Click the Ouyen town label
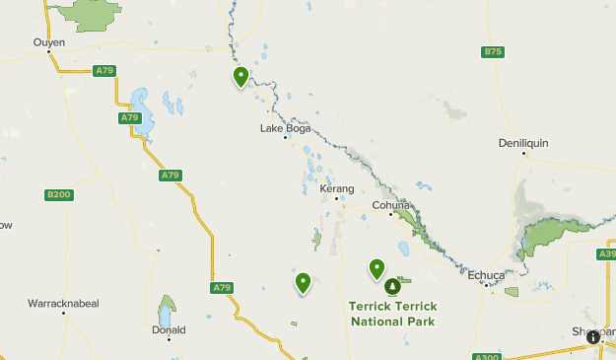pos(49,42)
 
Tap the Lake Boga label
pos(286,128)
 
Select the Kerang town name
pos(336,187)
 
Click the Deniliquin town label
pos(522,142)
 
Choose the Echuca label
pos(486,275)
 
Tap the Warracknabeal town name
pos(63,302)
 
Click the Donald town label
pos(169,330)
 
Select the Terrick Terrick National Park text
pos(392,313)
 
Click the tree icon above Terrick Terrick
pos(392,286)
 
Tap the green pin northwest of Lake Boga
pos(240,76)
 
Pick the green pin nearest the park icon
pos(376,267)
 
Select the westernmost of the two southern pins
pos(304,282)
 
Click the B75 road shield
pos(493,51)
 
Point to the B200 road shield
pos(59,195)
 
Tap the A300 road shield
pos(486,357)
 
